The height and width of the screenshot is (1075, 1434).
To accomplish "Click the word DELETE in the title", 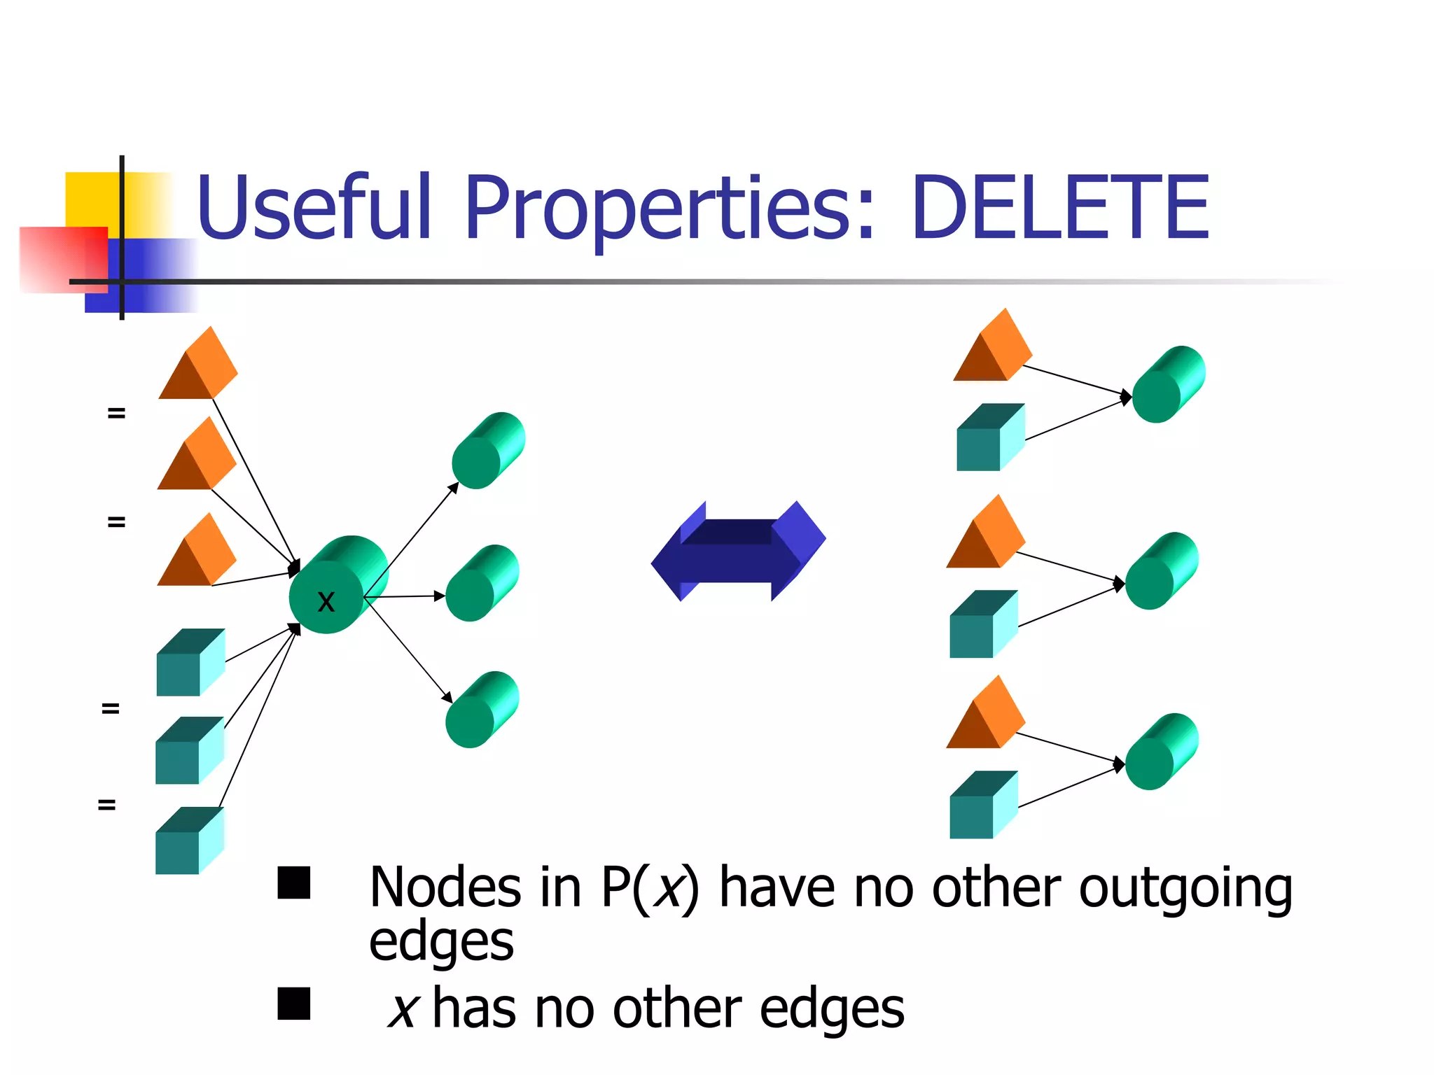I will pyautogui.click(x=1061, y=208).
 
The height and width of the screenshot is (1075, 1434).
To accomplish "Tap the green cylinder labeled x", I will pyautogui.click(x=336, y=586).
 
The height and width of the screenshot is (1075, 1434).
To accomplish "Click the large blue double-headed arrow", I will pyautogui.click(x=738, y=551).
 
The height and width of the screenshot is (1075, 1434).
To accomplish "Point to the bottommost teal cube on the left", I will pyautogui.click(x=188, y=841).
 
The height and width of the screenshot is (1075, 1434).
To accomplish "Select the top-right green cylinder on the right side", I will pyautogui.click(x=1167, y=385).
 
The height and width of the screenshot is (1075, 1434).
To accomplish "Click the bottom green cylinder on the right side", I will pyautogui.click(x=1161, y=752).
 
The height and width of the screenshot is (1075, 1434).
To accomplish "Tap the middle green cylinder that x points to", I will pyautogui.click(x=481, y=584).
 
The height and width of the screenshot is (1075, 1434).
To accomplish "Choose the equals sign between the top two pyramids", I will pyautogui.click(x=116, y=414).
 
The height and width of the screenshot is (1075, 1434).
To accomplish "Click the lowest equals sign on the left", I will pyautogui.click(x=106, y=806).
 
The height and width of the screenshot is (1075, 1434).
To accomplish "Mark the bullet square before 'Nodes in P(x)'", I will pyautogui.click(x=294, y=883).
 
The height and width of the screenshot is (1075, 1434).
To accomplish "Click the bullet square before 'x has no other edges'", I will pyautogui.click(x=294, y=1004).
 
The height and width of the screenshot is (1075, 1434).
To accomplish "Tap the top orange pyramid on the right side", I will pyautogui.click(x=992, y=348).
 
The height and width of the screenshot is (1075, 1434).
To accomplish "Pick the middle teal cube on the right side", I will pyautogui.click(x=982, y=625).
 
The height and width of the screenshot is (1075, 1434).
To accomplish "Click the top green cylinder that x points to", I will pyautogui.click(x=487, y=451).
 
